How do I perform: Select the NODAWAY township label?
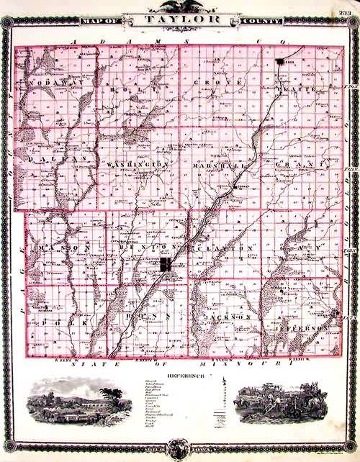coord(48,84)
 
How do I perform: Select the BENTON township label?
coord(145,248)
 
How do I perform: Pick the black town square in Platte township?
coord(279,63)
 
